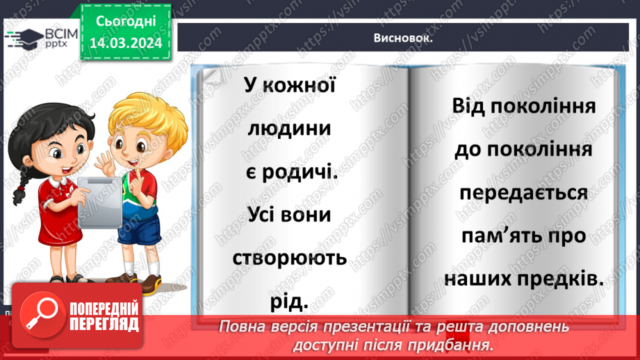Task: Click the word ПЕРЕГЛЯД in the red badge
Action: [x=104, y=323]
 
